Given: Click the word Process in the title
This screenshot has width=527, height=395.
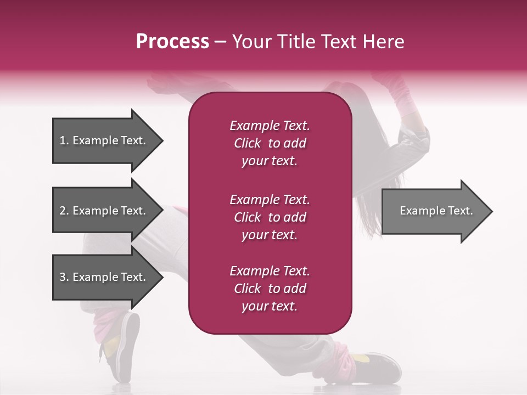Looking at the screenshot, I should (x=172, y=42).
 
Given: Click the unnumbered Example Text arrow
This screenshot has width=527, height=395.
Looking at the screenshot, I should (x=436, y=211).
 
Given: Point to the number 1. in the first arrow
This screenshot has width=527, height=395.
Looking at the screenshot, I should (x=64, y=140).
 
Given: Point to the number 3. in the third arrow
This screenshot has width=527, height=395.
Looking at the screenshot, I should (x=64, y=277).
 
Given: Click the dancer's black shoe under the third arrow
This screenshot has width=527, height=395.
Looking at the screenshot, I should (x=126, y=346).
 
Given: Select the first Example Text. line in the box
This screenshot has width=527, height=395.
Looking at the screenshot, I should (x=270, y=126).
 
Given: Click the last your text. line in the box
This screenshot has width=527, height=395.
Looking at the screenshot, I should (x=270, y=307).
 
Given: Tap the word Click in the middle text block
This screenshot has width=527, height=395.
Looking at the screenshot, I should (x=248, y=217).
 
